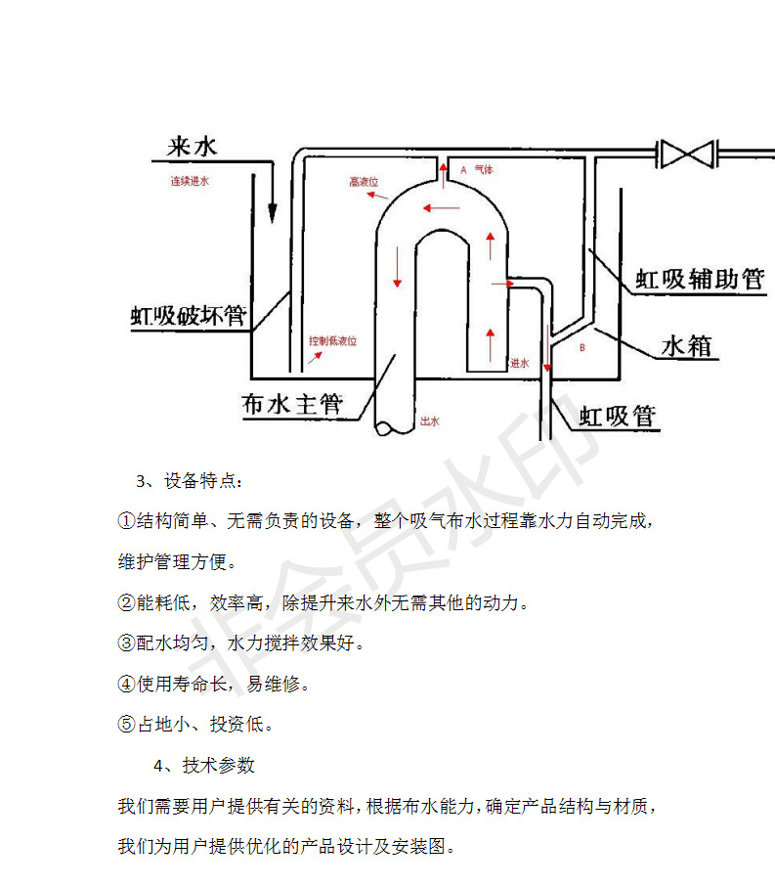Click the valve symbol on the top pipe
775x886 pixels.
[x=686, y=154]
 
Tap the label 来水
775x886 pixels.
[x=192, y=147]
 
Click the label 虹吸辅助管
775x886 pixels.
[x=700, y=279]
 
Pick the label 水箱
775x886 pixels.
[x=687, y=345]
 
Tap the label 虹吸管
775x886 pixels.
[x=618, y=417]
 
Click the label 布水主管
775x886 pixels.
[x=292, y=403]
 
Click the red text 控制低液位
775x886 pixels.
[x=333, y=341]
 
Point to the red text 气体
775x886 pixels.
[x=484, y=169]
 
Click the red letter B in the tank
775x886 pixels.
[x=582, y=347]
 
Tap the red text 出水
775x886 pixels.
[x=429, y=421]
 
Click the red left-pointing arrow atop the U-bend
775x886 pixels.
[x=442, y=206]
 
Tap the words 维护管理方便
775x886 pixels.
[x=177, y=562]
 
